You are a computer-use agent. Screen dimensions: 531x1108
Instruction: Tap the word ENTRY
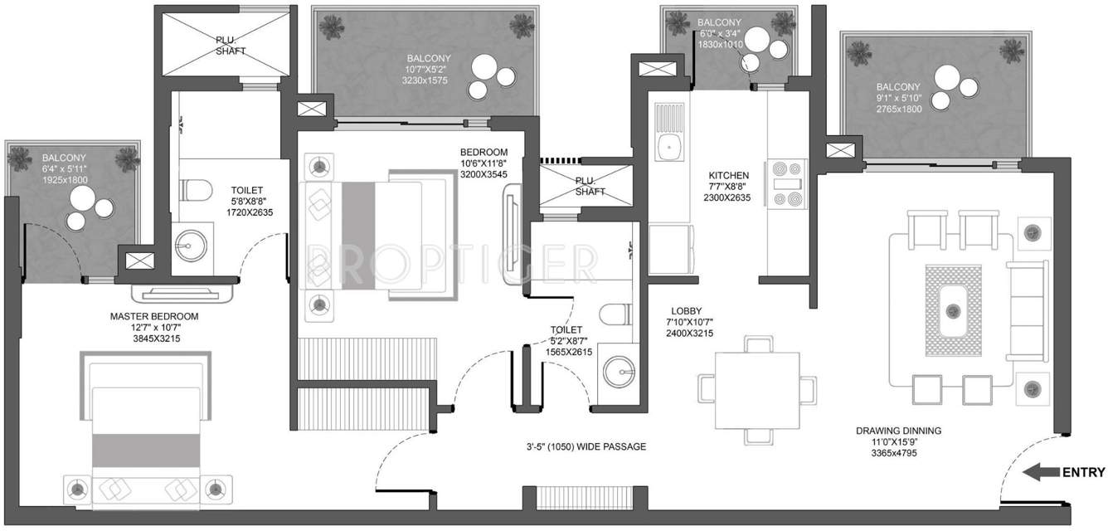click(x=1083, y=473)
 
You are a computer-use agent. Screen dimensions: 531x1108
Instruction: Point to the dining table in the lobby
click(x=750, y=389)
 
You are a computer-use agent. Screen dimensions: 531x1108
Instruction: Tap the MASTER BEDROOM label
click(x=154, y=328)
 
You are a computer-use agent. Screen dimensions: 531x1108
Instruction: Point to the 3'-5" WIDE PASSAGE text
click(x=580, y=447)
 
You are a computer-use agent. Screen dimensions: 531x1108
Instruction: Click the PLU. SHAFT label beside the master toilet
click(x=226, y=45)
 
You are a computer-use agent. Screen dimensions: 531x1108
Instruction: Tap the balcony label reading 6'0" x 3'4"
click(x=719, y=33)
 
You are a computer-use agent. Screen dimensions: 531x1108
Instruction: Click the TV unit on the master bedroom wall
click(x=184, y=292)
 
